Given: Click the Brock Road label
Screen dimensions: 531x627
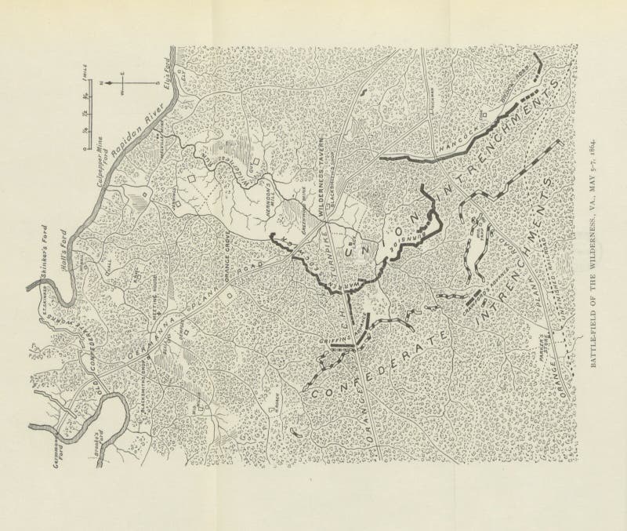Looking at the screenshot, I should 527,89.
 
